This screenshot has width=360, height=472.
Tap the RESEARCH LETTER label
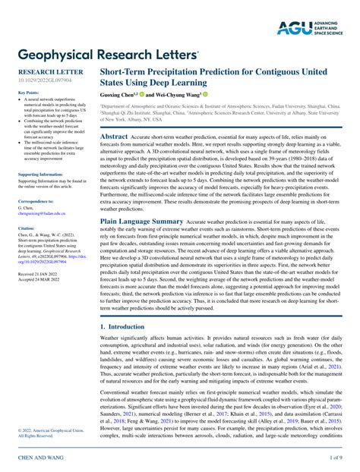(x=46, y=71)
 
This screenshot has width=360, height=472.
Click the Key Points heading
(x=28, y=93)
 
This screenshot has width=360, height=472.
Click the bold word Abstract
(x=115, y=136)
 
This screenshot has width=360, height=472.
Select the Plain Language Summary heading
(x=142, y=221)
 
